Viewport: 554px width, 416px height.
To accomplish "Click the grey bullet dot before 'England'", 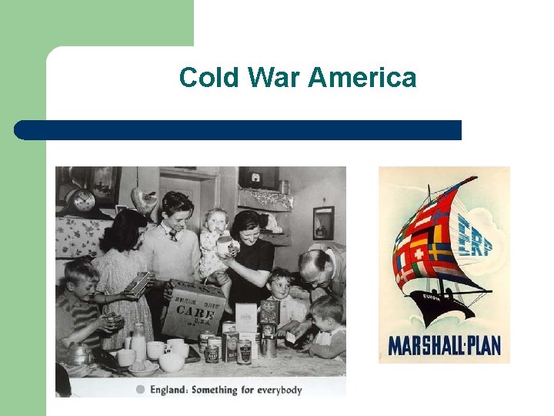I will [140, 389].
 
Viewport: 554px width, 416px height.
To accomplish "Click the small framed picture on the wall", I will [323, 223].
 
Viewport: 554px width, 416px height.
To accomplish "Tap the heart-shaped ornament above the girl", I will [144, 200].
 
